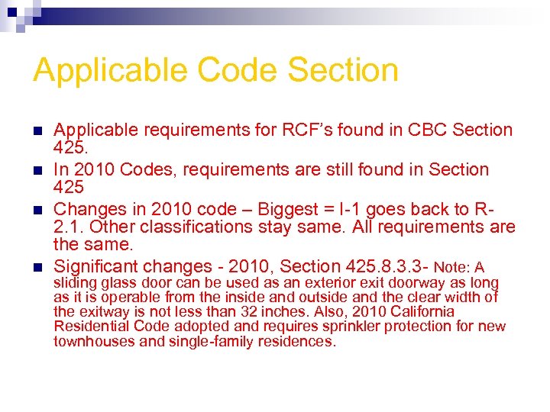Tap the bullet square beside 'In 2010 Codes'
(37, 170)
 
